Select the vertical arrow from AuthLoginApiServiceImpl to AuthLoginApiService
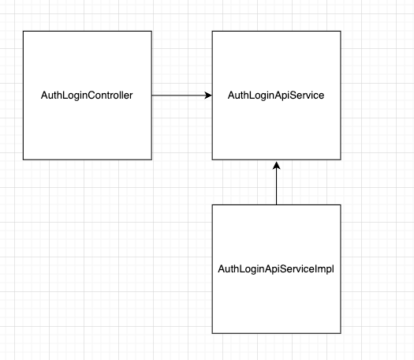(x=276, y=185)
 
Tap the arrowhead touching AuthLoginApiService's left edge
(x=209, y=96)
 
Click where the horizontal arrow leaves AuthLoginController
(x=152, y=96)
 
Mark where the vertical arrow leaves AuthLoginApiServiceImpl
(x=276, y=204)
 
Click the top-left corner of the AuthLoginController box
(x=24, y=32)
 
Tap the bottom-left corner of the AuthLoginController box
(x=24, y=159)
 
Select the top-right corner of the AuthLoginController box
(x=151, y=32)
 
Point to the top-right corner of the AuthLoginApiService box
(x=341, y=32)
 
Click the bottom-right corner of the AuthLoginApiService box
(x=341, y=159)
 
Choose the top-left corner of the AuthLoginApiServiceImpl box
(x=212, y=204)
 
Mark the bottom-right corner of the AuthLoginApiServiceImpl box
(x=341, y=332)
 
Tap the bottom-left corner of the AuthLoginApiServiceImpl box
(x=212, y=332)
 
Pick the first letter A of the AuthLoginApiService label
(x=231, y=96)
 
